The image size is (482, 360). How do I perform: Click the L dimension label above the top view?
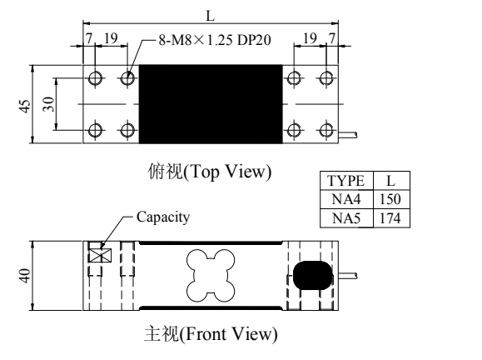point(211,15)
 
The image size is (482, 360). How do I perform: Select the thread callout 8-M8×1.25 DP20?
point(215,40)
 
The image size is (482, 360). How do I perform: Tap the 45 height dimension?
point(25,106)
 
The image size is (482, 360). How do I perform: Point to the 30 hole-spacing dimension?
point(48,104)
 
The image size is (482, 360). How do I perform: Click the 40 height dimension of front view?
point(25,276)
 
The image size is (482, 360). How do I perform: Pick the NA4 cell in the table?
point(346,199)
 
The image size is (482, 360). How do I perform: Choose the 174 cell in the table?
point(390,218)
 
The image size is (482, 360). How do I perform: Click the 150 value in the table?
point(390,199)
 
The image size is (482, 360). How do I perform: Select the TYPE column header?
point(346,181)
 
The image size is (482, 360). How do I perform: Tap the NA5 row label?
point(346,218)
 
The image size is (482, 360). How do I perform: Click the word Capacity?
point(163,217)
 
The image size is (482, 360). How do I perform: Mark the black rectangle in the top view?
point(211,104)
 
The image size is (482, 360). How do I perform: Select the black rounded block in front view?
point(313,275)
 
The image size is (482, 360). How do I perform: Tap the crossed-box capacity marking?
point(100,255)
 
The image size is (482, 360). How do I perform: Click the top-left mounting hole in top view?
point(95,77)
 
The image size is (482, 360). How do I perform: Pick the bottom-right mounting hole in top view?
point(325,130)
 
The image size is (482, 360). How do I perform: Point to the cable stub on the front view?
point(348,276)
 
